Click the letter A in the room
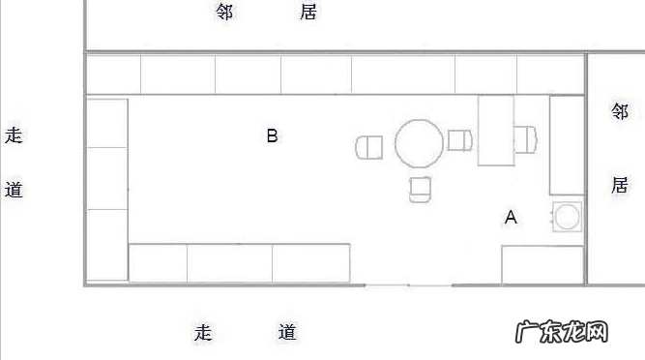[x=511, y=218]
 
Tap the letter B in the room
[x=272, y=135]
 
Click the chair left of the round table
[x=369, y=147]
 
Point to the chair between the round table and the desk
[x=459, y=140]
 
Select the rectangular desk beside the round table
[x=496, y=130]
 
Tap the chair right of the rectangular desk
[x=526, y=139]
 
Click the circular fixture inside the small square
[x=566, y=218]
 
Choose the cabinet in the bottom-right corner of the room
[x=542, y=264]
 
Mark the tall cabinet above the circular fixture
[x=566, y=145]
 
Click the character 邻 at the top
[x=224, y=13]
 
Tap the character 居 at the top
[x=308, y=13]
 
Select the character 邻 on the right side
[x=620, y=111]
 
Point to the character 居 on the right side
[x=620, y=185]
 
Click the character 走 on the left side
[x=14, y=135]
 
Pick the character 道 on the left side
[x=14, y=189]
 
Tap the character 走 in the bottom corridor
[x=203, y=333]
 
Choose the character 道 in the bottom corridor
[x=287, y=333]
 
